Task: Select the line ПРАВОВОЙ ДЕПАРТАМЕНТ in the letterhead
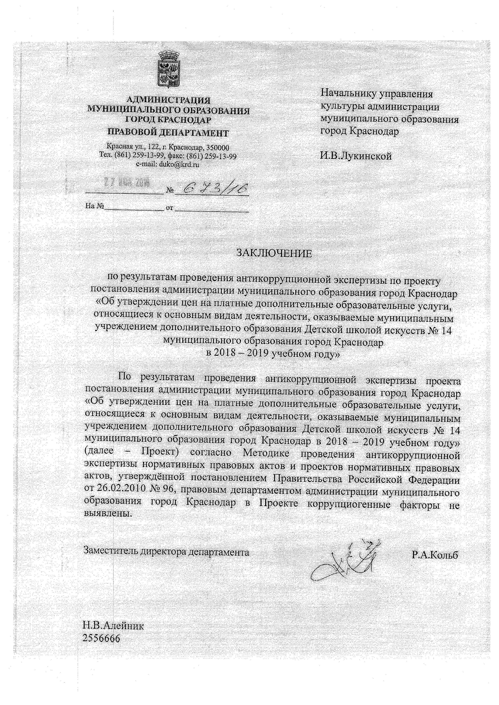tap(168, 133)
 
